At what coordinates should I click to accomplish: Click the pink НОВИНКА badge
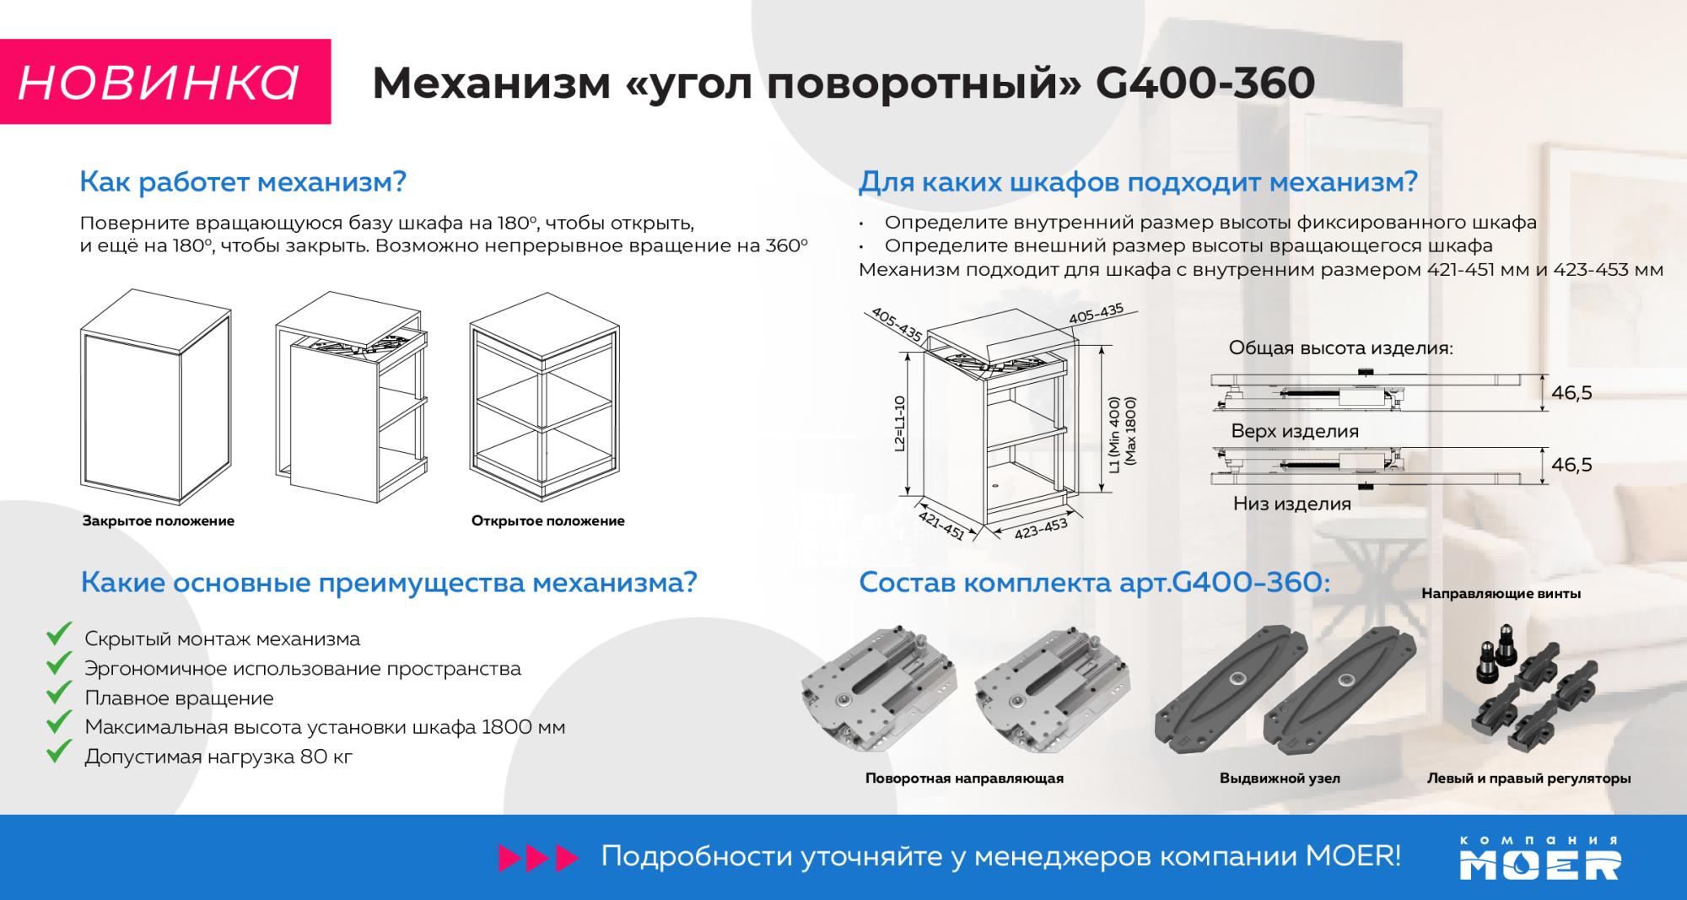pos(165,82)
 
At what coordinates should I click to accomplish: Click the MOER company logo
pos(1540,858)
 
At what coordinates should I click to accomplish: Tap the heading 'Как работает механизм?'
pos(243,181)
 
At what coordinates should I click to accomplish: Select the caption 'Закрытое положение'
pos(159,520)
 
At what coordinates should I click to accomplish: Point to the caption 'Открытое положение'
pos(548,520)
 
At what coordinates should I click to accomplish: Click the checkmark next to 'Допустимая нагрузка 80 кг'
pos(58,751)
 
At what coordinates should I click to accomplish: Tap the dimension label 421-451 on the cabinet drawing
pos(941,525)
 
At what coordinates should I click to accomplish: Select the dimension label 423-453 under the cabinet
pos(1042,529)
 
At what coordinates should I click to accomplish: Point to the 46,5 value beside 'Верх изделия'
pos(1571,392)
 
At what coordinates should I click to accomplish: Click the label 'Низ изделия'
pos(1292,504)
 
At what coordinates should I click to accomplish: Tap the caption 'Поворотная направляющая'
pos(964,778)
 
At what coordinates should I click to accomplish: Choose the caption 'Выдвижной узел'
pos(1280,778)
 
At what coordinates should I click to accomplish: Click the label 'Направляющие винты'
pos(1501,594)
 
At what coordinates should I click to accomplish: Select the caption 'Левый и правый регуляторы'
pos(1528,778)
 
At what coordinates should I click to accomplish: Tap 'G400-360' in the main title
pos(1205,83)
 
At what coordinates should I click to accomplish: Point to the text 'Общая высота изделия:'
pos(1341,348)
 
